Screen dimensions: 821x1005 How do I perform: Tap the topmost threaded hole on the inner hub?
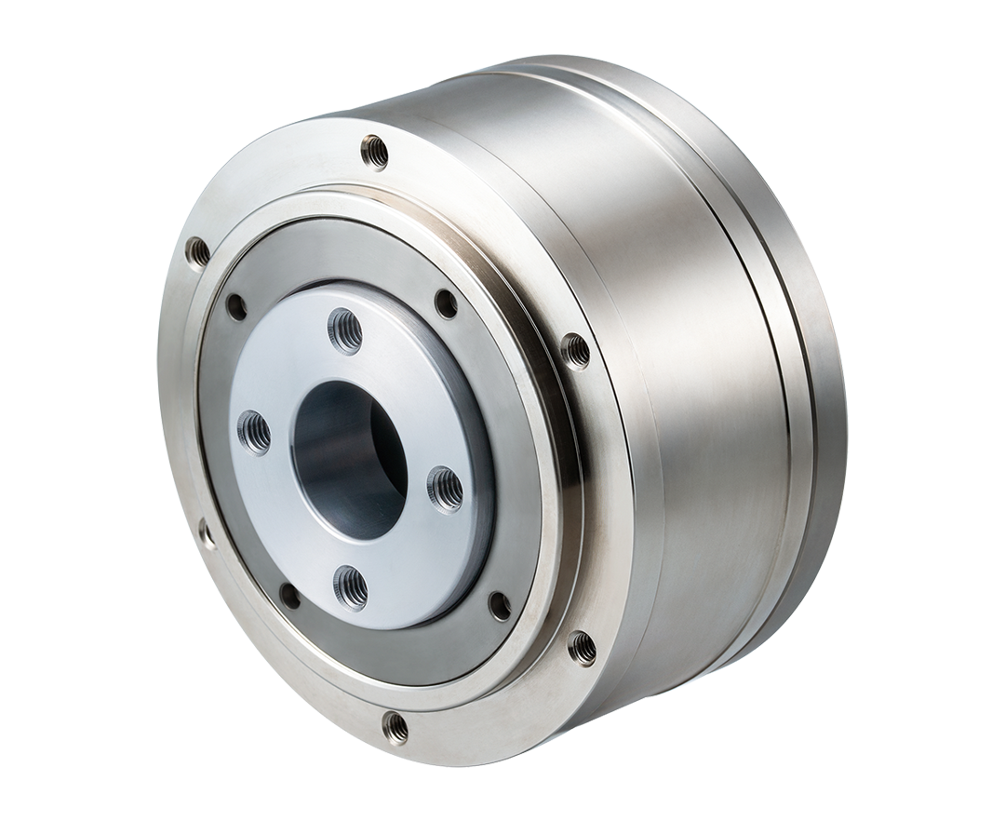click(346, 329)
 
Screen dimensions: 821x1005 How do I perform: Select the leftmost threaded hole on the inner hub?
click(254, 431)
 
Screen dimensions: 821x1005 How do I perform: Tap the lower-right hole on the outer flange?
click(582, 645)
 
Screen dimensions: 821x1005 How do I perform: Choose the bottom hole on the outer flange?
click(395, 728)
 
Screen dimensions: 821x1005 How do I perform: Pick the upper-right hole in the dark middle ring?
click(446, 303)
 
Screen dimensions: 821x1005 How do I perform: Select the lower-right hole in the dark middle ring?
click(500, 606)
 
